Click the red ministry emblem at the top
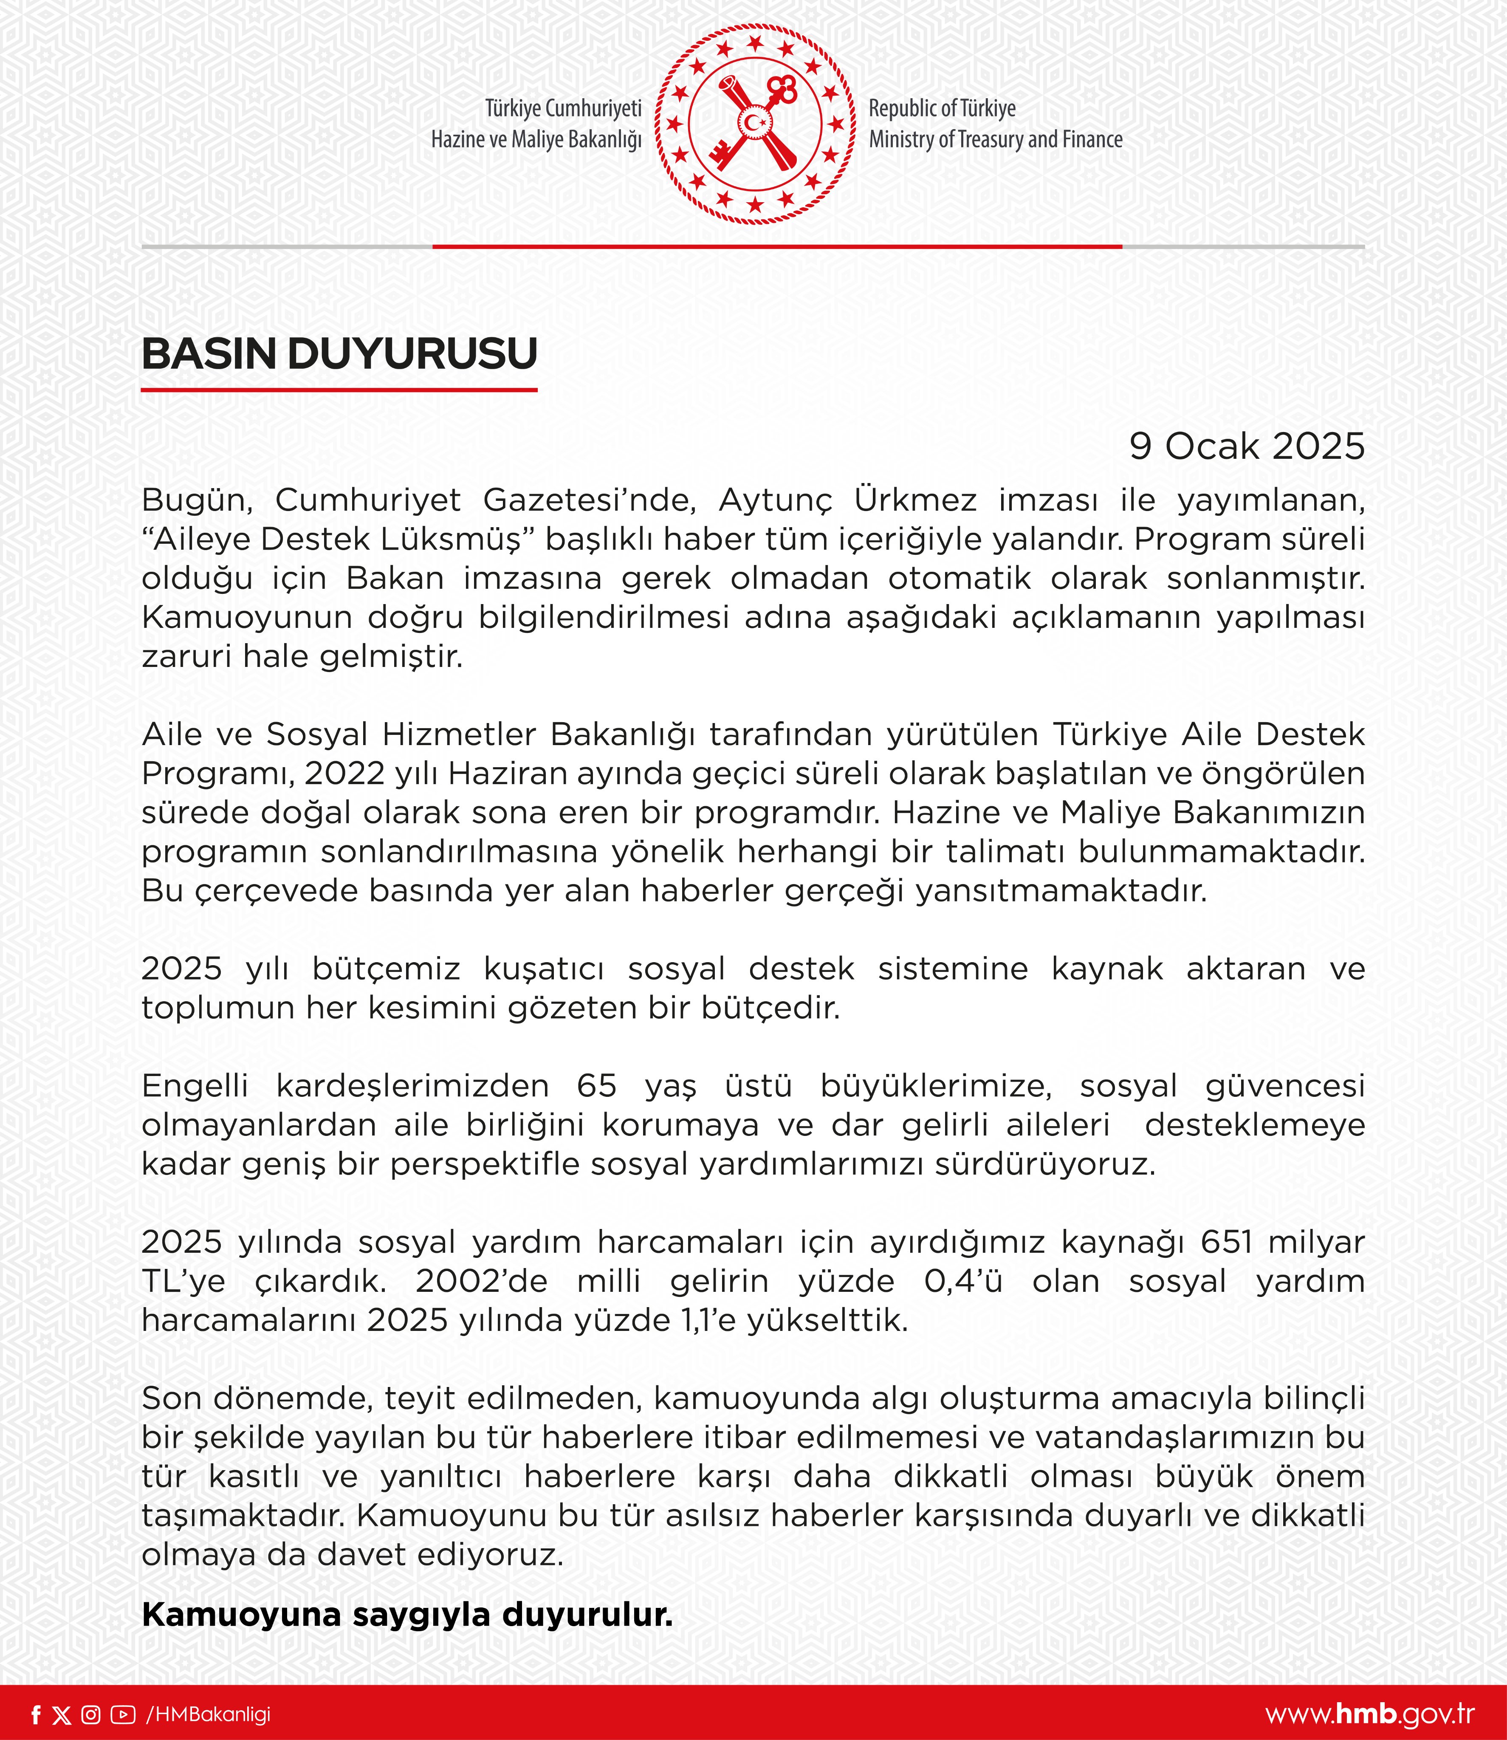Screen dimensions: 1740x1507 click(x=754, y=124)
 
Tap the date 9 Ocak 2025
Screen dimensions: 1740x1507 click(x=1246, y=446)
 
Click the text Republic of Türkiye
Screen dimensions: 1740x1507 click(x=942, y=108)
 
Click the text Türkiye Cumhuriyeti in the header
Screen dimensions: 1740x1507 click(x=564, y=108)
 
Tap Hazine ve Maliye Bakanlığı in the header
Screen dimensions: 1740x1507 click(x=536, y=140)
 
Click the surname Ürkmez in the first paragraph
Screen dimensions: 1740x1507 click(x=915, y=500)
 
